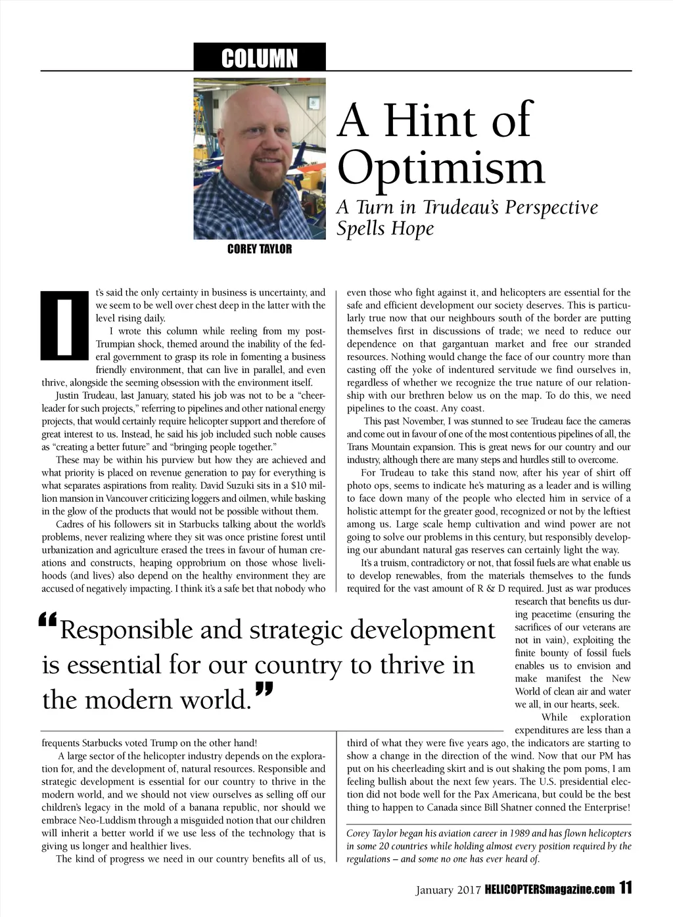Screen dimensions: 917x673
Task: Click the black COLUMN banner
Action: pyautogui.click(x=260, y=57)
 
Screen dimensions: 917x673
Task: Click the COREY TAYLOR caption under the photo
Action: pyautogui.click(x=260, y=249)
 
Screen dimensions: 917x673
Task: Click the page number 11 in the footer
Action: pyautogui.click(x=624, y=889)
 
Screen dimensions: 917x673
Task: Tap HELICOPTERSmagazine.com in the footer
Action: pyautogui.click(x=550, y=890)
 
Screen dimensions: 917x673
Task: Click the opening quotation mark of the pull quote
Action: pyautogui.click(x=49, y=620)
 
